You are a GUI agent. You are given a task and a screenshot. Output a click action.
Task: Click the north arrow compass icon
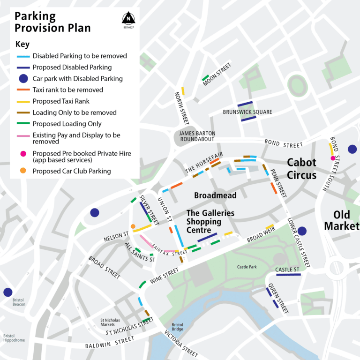coord(127,19)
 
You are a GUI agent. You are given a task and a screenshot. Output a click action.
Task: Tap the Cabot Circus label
coord(301,169)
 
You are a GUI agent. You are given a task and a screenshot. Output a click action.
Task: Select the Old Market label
coord(341,220)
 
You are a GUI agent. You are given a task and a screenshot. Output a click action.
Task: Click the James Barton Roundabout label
coord(197,136)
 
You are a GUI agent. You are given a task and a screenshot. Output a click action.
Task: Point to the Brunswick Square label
coord(247,112)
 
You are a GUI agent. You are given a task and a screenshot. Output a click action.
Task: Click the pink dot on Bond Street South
coord(333,158)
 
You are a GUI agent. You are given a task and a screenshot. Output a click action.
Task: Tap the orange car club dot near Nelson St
coord(133,226)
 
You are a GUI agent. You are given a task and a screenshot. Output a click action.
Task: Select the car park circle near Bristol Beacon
coord(7,292)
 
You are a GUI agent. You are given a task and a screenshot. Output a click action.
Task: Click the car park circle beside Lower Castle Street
coord(301,231)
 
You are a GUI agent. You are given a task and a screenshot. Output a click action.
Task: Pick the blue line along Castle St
coord(288,275)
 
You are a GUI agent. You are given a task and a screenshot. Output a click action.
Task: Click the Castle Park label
coord(247,267)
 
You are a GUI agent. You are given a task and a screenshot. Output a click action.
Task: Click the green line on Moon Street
coord(205,77)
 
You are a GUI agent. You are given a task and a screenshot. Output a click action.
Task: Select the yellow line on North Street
coord(183,91)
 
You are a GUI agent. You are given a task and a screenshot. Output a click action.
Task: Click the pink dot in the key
coord(22,153)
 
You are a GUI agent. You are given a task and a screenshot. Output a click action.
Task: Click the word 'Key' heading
coord(22,45)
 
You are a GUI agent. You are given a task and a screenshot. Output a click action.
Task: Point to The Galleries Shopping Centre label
coord(210,221)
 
